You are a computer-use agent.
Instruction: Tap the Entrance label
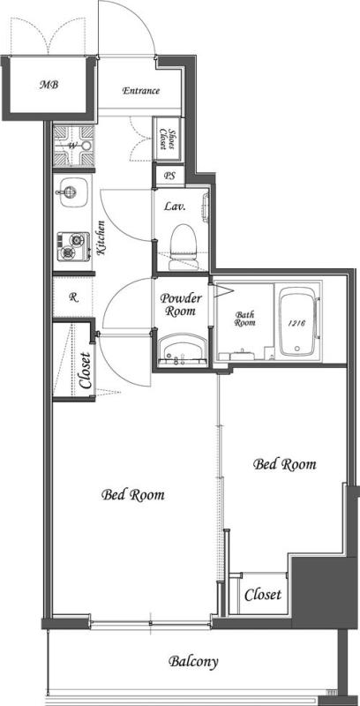(140, 91)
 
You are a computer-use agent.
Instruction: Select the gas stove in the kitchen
(71, 244)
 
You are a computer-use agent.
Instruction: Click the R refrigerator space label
(73, 297)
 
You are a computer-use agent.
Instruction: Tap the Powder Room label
(181, 304)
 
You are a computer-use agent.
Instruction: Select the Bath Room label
(246, 319)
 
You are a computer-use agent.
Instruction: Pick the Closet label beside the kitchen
(85, 372)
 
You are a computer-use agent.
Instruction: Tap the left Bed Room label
(133, 494)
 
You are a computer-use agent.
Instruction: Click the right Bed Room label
(284, 463)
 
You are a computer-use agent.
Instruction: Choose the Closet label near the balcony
(263, 595)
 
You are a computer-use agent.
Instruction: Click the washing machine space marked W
(72, 146)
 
